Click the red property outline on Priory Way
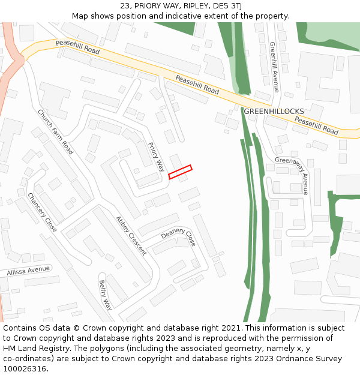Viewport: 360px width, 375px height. tap(180, 172)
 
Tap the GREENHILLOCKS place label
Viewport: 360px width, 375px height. tap(274, 112)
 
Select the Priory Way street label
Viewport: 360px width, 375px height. tap(156, 157)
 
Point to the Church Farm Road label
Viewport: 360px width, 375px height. tap(55, 132)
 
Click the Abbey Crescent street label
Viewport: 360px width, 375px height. tap(131, 235)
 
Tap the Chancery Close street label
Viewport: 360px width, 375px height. tap(42, 212)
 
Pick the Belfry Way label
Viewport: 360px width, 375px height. tap(106, 295)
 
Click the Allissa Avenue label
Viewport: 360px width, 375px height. tap(28, 271)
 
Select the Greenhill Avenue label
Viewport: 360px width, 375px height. tap(274, 67)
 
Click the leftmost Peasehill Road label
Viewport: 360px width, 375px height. tap(77, 47)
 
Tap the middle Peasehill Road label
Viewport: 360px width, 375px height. tap(197, 85)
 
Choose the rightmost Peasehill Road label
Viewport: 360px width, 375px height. tap(316, 125)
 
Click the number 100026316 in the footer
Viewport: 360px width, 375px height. tap(25, 369)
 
